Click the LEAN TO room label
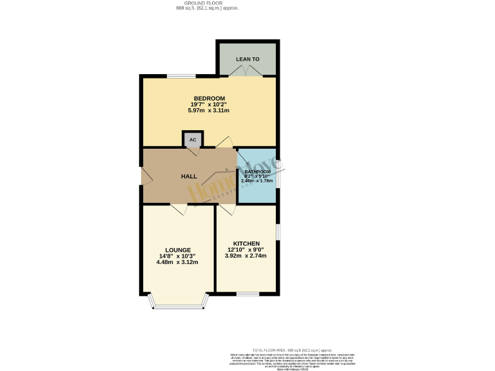(247, 59)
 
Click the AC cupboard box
(193, 139)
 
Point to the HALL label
(189, 176)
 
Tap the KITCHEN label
(246, 243)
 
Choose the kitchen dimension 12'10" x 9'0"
(246, 250)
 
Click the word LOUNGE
(178, 250)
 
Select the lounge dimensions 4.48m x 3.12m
(178, 262)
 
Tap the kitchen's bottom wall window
(247, 294)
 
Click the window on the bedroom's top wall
(178, 77)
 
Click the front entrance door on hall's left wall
(144, 176)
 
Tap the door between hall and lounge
(179, 208)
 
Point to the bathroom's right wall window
(278, 177)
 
